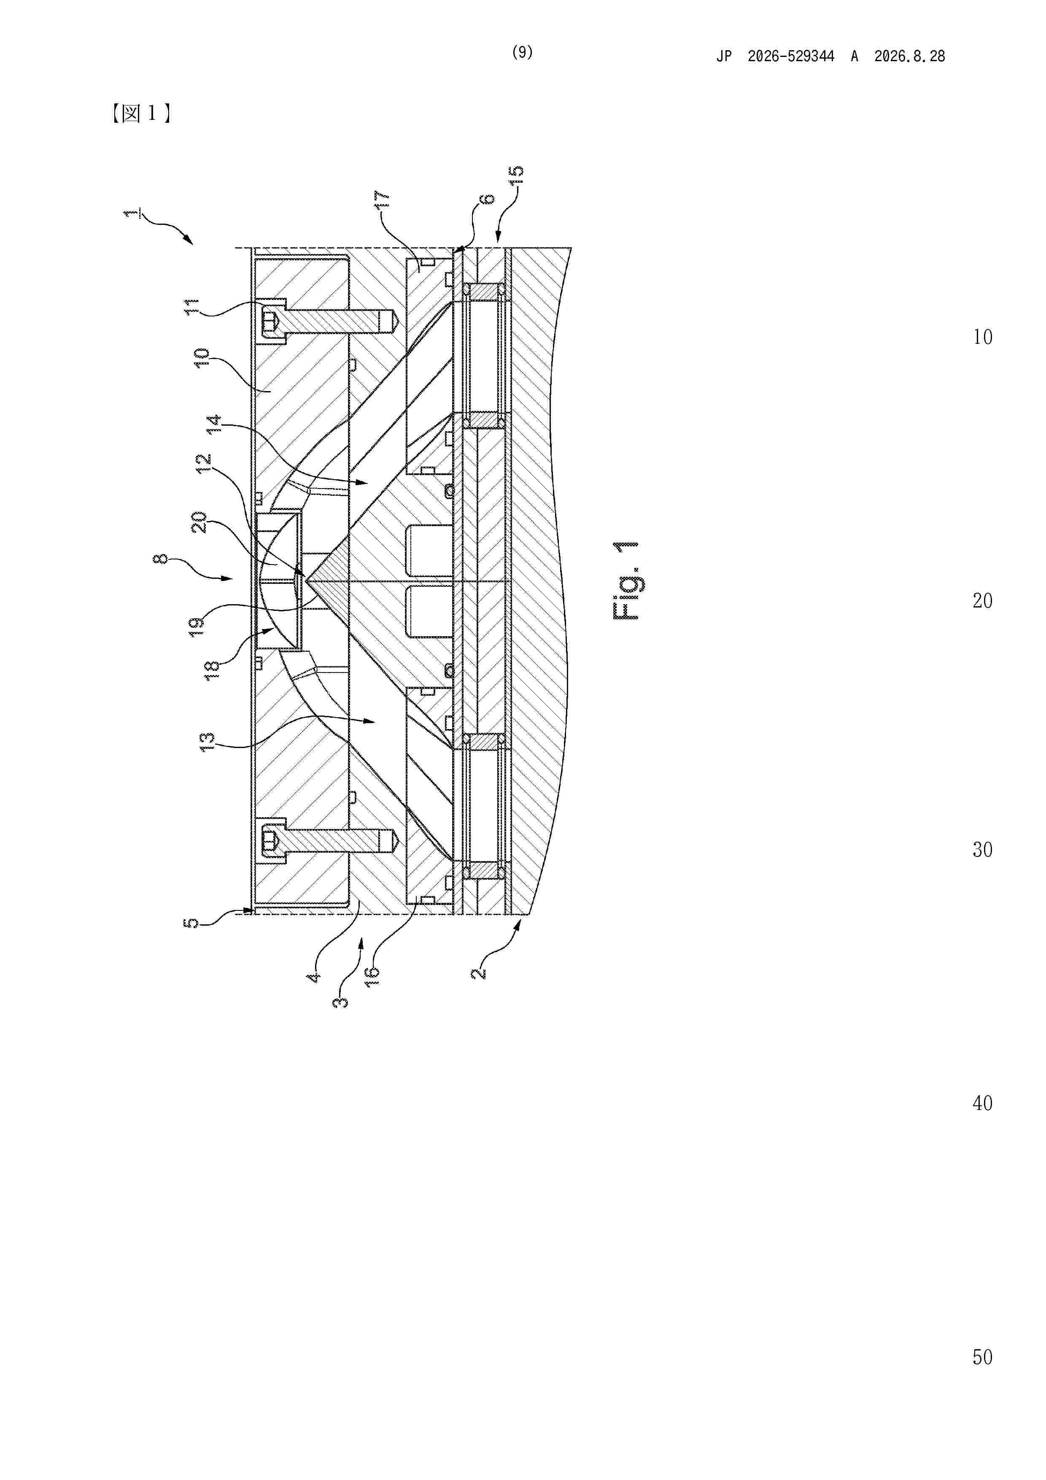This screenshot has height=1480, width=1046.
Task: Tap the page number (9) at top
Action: [522, 52]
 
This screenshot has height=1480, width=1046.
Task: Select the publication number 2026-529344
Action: [791, 56]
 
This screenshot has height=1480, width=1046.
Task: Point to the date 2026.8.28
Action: [909, 56]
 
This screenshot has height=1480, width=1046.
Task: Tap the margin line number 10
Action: [982, 337]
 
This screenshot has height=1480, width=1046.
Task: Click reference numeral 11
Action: [193, 306]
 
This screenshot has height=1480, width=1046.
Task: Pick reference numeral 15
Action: [516, 176]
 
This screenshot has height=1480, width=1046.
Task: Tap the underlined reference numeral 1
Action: [131, 213]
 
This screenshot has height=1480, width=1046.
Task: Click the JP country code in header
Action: [724, 56]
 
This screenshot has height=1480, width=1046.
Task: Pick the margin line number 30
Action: [982, 850]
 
